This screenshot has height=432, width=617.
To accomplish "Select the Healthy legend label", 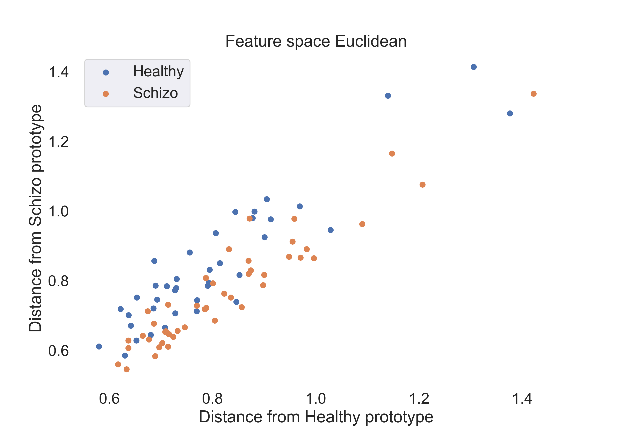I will [158, 72].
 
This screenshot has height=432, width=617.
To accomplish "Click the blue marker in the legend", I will [106, 72].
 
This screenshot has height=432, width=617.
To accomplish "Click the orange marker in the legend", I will [106, 94].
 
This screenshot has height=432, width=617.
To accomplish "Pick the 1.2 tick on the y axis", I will [58, 142].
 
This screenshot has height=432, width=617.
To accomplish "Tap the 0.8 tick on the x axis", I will [212, 398].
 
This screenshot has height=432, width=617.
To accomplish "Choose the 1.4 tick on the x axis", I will [522, 398].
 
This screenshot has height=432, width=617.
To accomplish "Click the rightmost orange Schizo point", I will [533, 94].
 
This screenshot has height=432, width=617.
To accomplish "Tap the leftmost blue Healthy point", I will [99, 346].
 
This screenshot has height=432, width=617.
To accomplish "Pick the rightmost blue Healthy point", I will [510, 113].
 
